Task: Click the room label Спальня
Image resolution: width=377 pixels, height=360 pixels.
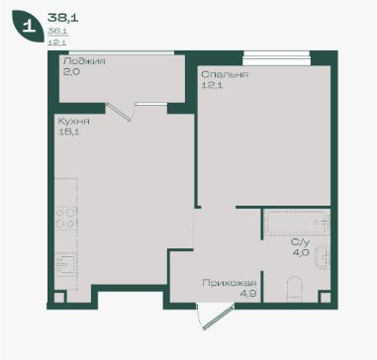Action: click(x=225, y=74)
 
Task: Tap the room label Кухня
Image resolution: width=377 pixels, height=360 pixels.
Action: click(x=73, y=122)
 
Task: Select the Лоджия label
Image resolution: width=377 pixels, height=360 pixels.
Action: click(x=84, y=61)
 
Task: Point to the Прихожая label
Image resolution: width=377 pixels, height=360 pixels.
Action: click(x=230, y=283)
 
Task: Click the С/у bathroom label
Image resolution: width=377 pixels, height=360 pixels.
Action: click(x=300, y=242)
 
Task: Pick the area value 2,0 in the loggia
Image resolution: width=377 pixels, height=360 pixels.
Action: click(x=71, y=72)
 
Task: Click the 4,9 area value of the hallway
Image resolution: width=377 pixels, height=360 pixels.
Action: click(x=248, y=294)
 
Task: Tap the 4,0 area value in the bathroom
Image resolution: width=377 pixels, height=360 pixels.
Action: click(x=301, y=253)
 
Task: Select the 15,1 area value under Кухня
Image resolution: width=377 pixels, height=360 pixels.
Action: click(x=68, y=133)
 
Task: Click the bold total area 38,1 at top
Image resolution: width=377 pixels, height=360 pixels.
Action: click(x=62, y=18)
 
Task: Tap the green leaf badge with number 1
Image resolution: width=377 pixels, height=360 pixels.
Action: click(x=28, y=27)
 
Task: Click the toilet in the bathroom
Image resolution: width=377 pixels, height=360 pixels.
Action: click(x=294, y=288)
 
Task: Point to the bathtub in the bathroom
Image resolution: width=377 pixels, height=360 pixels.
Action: click(x=297, y=223)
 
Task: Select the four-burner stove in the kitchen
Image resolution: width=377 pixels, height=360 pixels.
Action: click(x=66, y=219)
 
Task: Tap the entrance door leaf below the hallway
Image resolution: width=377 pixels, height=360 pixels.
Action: click(x=219, y=317)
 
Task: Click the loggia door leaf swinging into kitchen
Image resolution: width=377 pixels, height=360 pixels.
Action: click(x=119, y=112)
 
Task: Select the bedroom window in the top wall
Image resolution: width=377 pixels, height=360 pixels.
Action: click(x=276, y=58)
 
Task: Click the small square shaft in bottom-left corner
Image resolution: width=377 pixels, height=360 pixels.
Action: click(x=59, y=297)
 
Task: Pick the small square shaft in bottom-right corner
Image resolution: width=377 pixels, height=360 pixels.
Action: click(x=326, y=297)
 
